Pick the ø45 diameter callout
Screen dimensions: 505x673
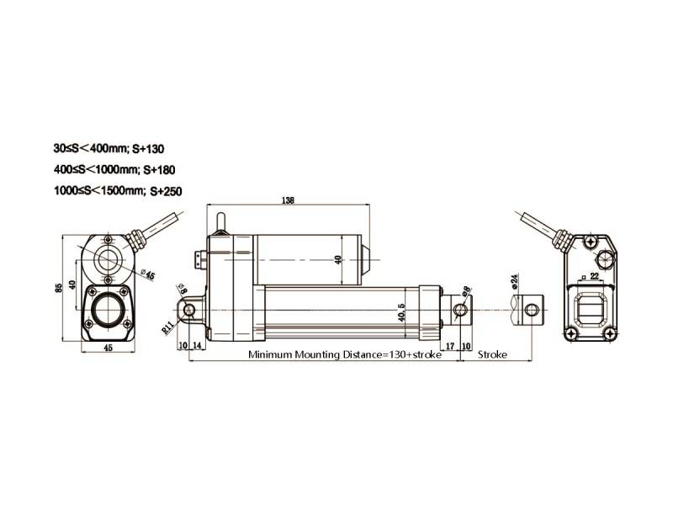[x=148, y=273]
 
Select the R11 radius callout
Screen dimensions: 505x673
[x=167, y=326]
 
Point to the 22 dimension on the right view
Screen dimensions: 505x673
[x=595, y=275]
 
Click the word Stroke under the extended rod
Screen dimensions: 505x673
[x=492, y=355]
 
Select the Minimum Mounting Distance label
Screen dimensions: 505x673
[x=345, y=355]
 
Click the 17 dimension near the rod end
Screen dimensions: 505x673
[x=450, y=345]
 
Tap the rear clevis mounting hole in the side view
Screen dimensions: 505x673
[x=188, y=311]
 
